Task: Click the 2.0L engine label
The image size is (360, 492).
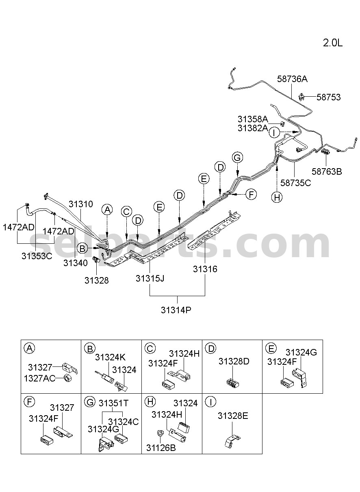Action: [332, 43]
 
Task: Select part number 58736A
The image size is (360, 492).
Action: [292, 79]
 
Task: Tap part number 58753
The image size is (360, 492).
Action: [328, 97]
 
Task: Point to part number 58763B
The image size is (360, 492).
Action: [327, 171]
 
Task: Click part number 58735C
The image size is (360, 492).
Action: [296, 183]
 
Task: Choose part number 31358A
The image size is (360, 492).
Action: [253, 119]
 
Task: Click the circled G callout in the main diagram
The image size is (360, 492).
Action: [237, 158]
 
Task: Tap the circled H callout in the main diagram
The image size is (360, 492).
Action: [277, 197]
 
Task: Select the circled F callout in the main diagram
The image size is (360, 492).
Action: [251, 194]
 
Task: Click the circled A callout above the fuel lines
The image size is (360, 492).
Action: [107, 210]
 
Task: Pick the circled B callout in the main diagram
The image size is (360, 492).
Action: [82, 249]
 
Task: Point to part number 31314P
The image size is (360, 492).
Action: [176, 310]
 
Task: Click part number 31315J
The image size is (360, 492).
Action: [150, 279]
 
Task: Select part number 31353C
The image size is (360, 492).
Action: [37, 256]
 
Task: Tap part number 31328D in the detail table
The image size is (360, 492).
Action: [234, 361]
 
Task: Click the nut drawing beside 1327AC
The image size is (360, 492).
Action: [66, 378]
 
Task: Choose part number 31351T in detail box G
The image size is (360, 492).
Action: [113, 403]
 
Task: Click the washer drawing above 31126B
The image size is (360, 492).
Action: [160, 433]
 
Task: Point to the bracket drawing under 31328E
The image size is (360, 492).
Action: [232, 440]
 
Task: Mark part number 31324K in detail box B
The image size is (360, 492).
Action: [110, 358]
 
